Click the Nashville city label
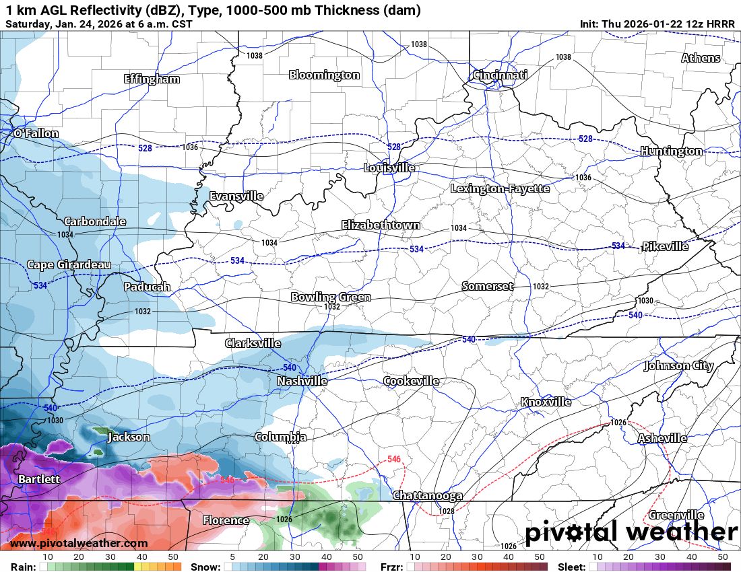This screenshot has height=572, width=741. (x=302, y=382)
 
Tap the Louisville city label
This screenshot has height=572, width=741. (x=389, y=168)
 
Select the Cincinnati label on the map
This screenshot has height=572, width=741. (x=500, y=75)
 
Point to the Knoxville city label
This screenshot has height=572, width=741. (x=546, y=402)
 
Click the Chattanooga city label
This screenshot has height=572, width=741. (x=427, y=496)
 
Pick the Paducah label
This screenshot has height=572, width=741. (x=147, y=287)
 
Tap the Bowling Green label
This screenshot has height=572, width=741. (x=331, y=297)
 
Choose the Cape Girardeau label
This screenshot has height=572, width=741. (x=69, y=265)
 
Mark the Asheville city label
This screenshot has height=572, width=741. (x=662, y=438)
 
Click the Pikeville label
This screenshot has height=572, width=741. (x=665, y=246)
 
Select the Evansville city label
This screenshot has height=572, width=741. (x=236, y=196)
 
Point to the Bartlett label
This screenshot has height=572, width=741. (x=39, y=480)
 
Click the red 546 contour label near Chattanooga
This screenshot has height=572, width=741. (x=395, y=460)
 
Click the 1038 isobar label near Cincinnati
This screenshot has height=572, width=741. (x=563, y=58)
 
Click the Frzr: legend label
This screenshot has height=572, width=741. (x=391, y=567)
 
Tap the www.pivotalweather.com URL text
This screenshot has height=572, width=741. (x=79, y=543)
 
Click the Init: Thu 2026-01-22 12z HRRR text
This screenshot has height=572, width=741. (x=657, y=24)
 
